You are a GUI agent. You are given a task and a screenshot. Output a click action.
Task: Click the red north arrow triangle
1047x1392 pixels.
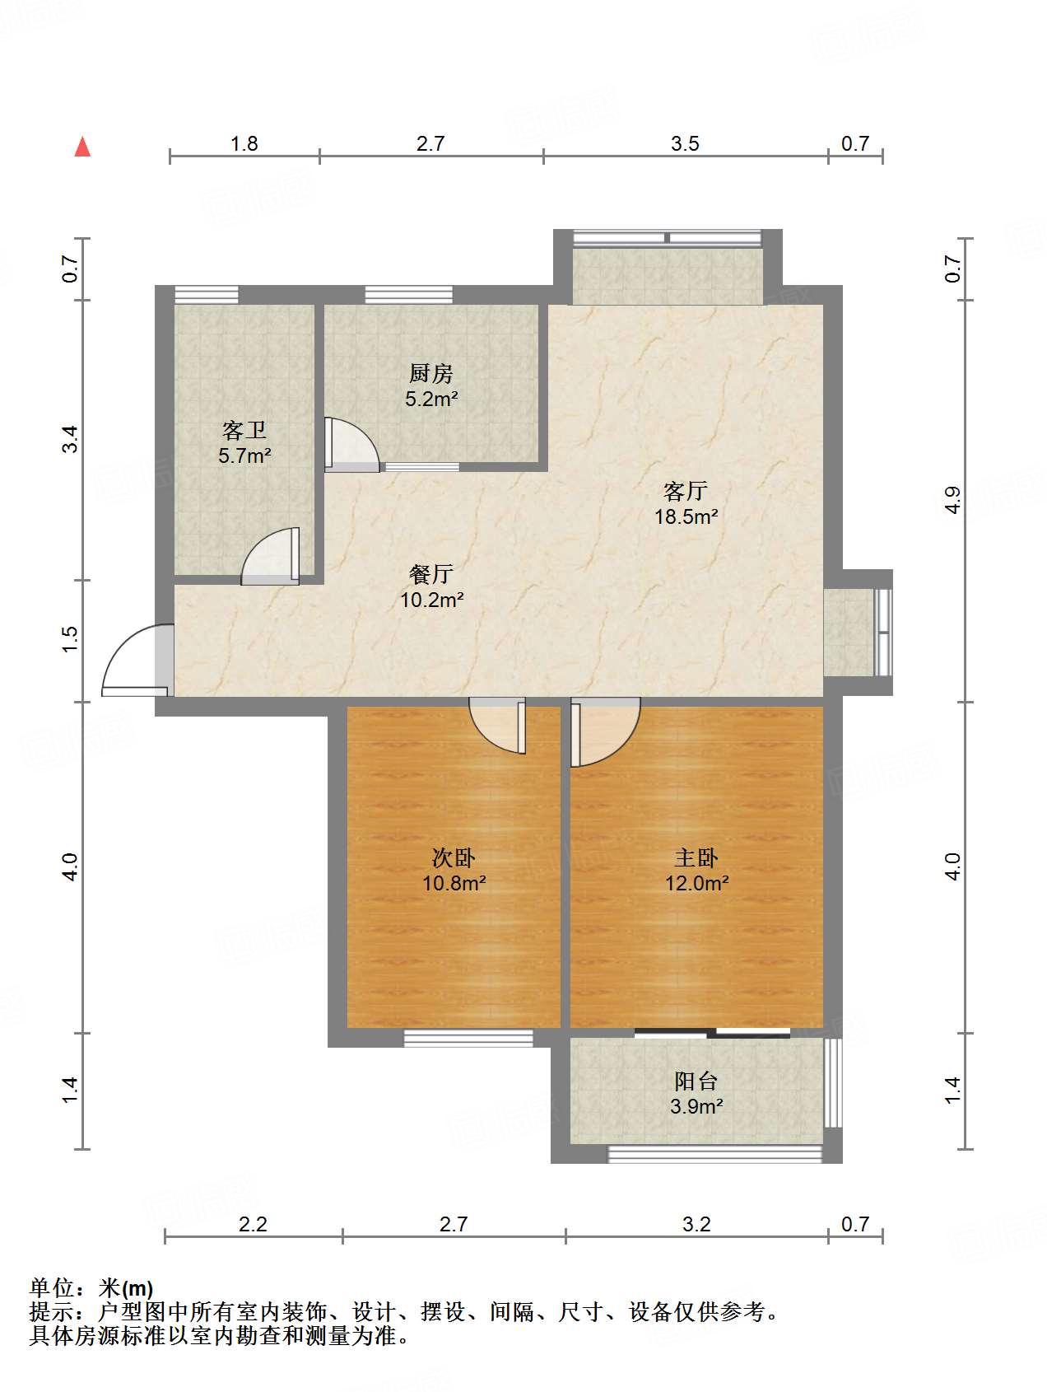(x=82, y=147)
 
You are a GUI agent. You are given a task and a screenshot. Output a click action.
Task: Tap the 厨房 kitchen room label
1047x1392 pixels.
(x=430, y=374)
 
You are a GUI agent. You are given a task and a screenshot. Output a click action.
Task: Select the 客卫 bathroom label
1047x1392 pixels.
(x=244, y=430)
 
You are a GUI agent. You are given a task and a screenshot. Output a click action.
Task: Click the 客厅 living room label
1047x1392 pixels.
(x=686, y=492)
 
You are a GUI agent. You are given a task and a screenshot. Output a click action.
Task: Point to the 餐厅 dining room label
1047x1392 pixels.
(x=431, y=574)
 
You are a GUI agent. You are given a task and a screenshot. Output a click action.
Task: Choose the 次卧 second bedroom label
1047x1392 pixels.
(x=454, y=858)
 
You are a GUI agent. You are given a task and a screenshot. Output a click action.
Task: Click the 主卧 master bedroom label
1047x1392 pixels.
(x=696, y=858)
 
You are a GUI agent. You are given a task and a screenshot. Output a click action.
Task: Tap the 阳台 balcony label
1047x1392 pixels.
(x=696, y=1081)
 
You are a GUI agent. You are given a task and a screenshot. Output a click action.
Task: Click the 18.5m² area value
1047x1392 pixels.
(x=686, y=517)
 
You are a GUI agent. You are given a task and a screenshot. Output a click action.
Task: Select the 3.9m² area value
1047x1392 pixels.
(x=696, y=1106)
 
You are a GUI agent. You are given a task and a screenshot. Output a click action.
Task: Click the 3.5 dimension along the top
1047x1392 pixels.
(x=685, y=143)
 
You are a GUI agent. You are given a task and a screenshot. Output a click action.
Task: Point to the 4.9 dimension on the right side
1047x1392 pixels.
(x=952, y=500)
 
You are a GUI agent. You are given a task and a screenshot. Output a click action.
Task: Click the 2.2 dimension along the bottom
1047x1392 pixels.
(x=253, y=1224)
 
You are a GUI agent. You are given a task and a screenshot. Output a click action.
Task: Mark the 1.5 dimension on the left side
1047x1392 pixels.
(x=70, y=640)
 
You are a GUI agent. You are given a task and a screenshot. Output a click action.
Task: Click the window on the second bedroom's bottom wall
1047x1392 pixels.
(x=468, y=1039)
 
